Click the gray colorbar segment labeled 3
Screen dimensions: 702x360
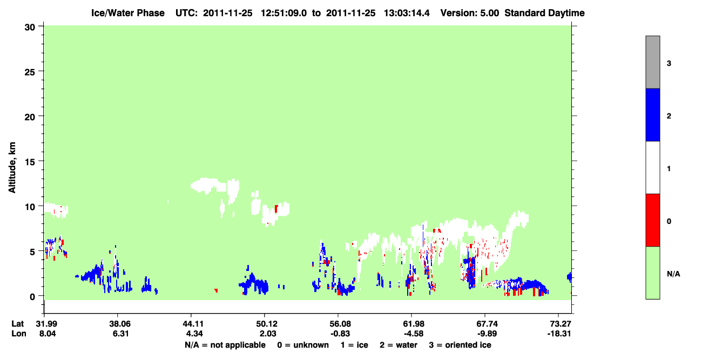[x=652, y=62]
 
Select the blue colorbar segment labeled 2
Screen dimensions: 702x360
[x=652, y=114]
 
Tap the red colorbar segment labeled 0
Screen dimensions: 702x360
[x=652, y=220]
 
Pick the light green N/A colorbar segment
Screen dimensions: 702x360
[x=652, y=273]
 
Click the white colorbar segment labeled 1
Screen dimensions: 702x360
[x=652, y=167]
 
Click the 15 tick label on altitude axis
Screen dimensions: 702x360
[x=30, y=162]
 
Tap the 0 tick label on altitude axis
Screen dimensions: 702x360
[x=32, y=297]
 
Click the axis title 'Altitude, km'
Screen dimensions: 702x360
[x=12, y=167]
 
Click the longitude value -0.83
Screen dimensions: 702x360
[x=340, y=334]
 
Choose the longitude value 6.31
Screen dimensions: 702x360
[x=120, y=334]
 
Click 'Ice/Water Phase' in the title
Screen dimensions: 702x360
[x=128, y=13]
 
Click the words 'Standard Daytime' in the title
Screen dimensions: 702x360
[x=544, y=13]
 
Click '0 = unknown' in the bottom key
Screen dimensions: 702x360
[x=303, y=345]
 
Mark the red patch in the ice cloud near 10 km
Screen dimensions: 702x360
[x=276, y=209]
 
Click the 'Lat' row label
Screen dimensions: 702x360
[x=17, y=324]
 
